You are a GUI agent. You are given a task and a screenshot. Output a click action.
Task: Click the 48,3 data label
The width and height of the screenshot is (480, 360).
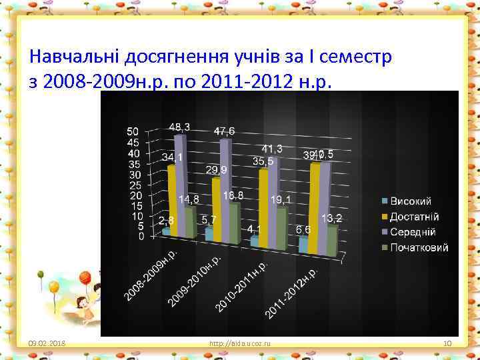click(x=179, y=127)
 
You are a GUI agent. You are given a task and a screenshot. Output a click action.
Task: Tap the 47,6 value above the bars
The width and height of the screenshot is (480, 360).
click(x=225, y=131)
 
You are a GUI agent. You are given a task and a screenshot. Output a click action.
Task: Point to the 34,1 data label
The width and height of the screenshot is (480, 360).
click(x=173, y=157)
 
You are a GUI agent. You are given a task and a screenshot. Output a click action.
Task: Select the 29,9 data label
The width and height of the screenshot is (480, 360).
click(x=217, y=170)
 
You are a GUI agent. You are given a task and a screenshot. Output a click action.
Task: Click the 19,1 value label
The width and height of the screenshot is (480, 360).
click(x=279, y=199)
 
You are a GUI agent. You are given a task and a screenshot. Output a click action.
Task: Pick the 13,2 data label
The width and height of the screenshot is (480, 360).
click(x=332, y=219)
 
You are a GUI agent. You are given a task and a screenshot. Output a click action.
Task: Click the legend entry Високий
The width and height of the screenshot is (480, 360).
click(x=411, y=201)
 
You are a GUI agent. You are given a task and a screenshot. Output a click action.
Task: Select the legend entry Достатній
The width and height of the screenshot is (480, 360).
click(x=414, y=217)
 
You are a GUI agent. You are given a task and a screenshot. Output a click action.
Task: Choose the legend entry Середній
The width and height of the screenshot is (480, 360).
click(x=413, y=232)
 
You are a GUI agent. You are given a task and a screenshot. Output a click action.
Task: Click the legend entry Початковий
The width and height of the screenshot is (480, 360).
click(x=419, y=247)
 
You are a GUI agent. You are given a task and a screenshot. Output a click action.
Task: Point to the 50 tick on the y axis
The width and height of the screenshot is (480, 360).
click(x=133, y=131)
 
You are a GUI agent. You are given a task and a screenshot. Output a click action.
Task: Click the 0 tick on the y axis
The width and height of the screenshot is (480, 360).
click(x=141, y=236)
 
